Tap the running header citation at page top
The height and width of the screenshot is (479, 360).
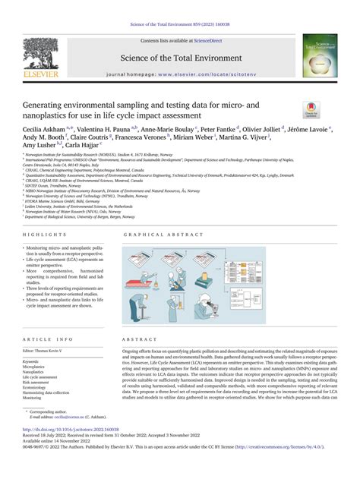click(180, 6)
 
